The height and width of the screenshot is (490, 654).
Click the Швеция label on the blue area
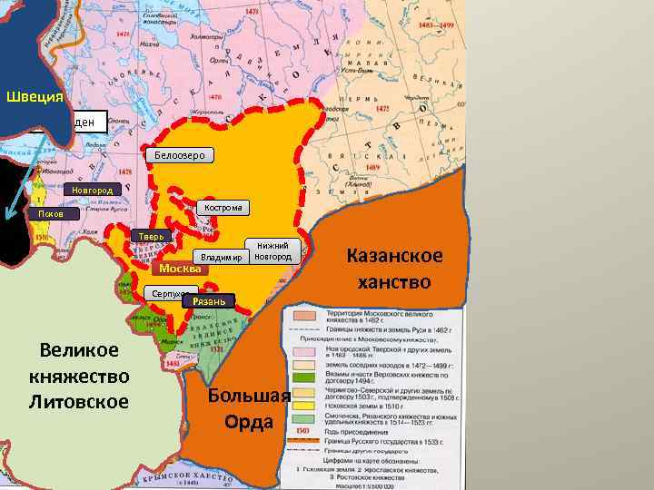[x=35, y=97]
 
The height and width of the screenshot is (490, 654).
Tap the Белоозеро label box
[x=179, y=156]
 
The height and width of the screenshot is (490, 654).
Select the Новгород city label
[x=93, y=191]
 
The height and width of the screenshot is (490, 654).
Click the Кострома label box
[x=223, y=208]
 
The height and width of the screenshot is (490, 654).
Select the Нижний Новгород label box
[x=272, y=251]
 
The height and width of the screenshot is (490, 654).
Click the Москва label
[x=179, y=269]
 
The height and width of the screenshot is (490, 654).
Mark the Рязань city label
[x=210, y=300]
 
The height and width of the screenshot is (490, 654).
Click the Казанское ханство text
[x=394, y=269]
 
